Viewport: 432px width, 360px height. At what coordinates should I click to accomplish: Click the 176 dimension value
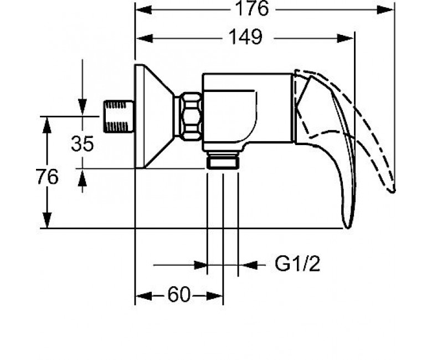pos(252,8)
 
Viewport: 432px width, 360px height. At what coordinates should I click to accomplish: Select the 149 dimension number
pos(245,37)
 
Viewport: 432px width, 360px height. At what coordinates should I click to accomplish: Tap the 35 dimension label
pos(82,143)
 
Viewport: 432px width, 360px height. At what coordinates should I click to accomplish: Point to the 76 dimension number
pos(47,177)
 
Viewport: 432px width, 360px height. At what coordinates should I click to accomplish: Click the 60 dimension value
pos(179,295)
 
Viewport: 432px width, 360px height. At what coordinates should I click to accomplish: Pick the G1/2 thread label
pos(297,264)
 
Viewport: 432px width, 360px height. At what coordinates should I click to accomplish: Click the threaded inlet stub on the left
pos(119,116)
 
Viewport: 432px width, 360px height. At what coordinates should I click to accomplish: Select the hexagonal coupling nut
pos(191,117)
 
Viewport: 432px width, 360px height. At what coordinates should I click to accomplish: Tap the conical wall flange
pos(155,116)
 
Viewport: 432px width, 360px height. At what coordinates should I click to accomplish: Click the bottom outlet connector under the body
pos(222,160)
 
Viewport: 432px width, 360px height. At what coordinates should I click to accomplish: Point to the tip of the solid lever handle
pos(348,228)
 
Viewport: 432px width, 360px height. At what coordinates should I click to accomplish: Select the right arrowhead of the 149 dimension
pos(346,38)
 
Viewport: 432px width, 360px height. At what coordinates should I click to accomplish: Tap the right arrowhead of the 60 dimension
pos(215,296)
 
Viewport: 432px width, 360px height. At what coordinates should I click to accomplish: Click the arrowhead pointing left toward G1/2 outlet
pos(246,265)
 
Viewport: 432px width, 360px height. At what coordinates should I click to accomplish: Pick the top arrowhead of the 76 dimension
pos(48,125)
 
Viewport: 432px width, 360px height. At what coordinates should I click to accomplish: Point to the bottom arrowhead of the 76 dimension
pos(48,220)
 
